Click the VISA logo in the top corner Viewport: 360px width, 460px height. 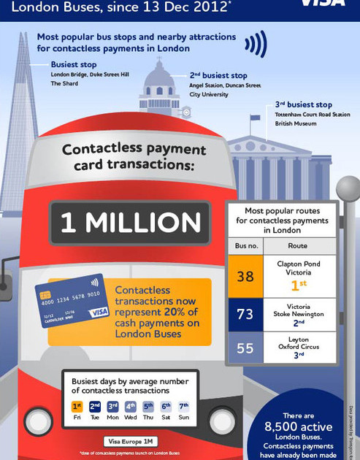click(x=323, y=3)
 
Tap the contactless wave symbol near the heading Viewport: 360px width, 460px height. click(x=255, y=44)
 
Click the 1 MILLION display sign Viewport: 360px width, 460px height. click(x=130, y=223)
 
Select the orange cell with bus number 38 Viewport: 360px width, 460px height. click(x=245, y=277)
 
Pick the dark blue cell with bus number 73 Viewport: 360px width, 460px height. click(x=245, y=315)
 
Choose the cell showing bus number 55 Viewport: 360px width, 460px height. click(x=245, y=348)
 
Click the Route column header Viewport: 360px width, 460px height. click(x=297, y=246)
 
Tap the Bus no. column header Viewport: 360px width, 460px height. click(x=246, y=246)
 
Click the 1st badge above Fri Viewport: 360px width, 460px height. click(x=77, y=407)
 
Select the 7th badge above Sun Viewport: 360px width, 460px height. click(x=183, y=407)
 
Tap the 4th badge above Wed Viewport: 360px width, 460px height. click(x=130, y=407)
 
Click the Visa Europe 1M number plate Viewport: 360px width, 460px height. click(x=131, y=442)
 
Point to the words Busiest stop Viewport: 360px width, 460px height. click(x=74, y=64)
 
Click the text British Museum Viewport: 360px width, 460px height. click(x=296, y=124)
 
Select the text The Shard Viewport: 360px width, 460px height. click(x=64, y=84)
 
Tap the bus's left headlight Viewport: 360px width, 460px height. click(x=38, y=422)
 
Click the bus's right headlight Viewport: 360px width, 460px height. click(x=221, y=421)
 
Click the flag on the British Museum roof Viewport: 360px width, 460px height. click(x=255, y=118)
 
